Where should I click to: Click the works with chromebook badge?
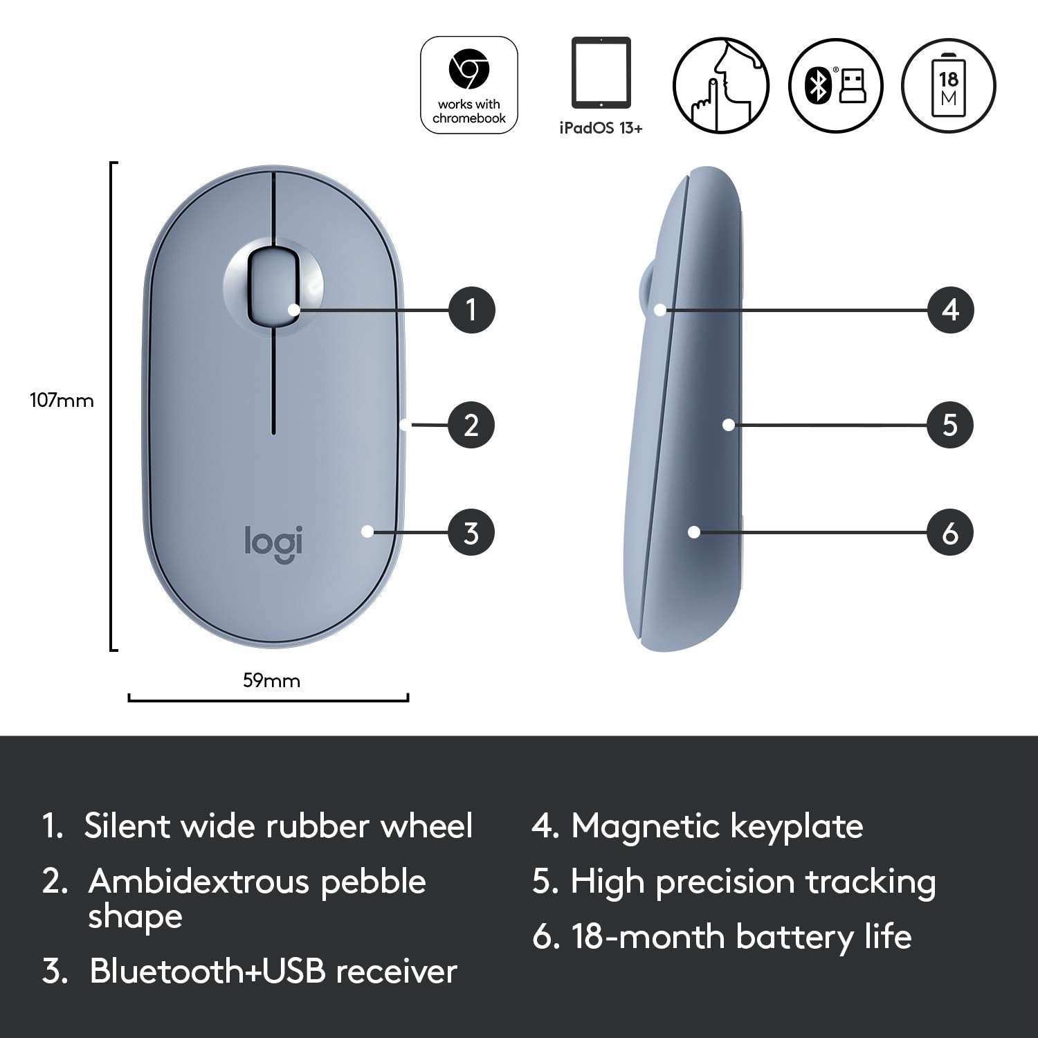(x=469, y=85)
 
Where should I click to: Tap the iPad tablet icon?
(x=601, y=73)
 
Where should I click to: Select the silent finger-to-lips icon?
(x=721, y=85)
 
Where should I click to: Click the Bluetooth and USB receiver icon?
(x=835, y=85)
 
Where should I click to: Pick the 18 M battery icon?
(x=949, y=85)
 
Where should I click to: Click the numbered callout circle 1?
(x=471, y=309)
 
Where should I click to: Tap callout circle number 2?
(x=471, y=425)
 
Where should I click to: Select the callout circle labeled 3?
(x=471, y=533)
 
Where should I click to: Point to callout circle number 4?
(x=950, y=309)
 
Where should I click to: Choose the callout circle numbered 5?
(x=950, y=425)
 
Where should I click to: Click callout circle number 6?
(x=950, y=533)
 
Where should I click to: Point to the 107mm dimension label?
(x=62, y=401)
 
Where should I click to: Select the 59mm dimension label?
(x=271, y=681)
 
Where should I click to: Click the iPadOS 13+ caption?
(x=601, y=128)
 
